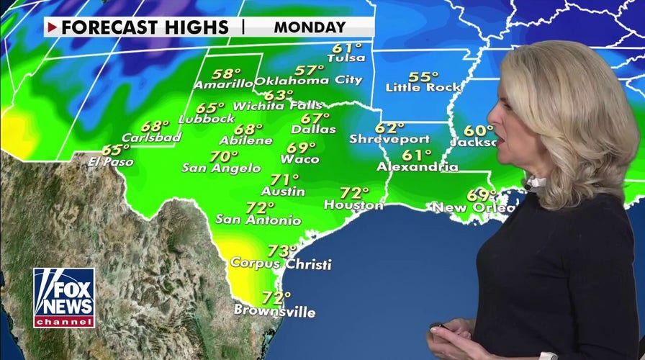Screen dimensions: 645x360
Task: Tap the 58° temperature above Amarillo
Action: (227, 73)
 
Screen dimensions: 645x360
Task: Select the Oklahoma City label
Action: (308, 81)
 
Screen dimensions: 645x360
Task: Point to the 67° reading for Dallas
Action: (315, 118)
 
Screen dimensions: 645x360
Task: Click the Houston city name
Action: (353, 205)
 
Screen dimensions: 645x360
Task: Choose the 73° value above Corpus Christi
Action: (283, 251)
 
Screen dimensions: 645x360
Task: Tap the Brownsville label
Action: (274, 311)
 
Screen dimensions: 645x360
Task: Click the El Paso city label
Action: (111, 162)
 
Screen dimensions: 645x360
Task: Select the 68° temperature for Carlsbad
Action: (155, 126)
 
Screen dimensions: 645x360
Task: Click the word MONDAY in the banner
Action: (310, 28)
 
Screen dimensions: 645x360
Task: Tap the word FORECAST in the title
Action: (102, 28)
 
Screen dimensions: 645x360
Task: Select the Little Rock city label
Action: (423, 88)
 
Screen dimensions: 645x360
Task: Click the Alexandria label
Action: (418, 167)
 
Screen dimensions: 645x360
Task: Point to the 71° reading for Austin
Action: (284, 180)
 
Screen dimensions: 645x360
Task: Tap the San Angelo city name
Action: (221, 168)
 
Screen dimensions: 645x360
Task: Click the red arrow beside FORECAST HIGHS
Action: (53, 28)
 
